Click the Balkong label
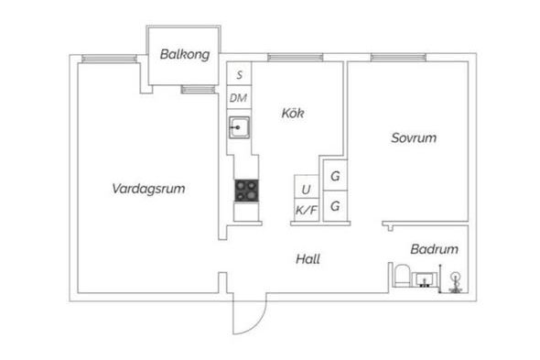185,54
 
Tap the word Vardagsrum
148,189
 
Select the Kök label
293,113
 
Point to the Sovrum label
414,138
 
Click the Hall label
308,259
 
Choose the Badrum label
434,249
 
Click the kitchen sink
240,127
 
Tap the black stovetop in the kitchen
246,191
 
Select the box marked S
240,73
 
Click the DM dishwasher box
240,98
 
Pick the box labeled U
307,187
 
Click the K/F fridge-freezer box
307,210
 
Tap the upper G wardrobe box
335,175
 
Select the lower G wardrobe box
335,206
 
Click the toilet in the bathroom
402,276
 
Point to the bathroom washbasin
425,279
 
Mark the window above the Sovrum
398,57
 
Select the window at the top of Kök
295,57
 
